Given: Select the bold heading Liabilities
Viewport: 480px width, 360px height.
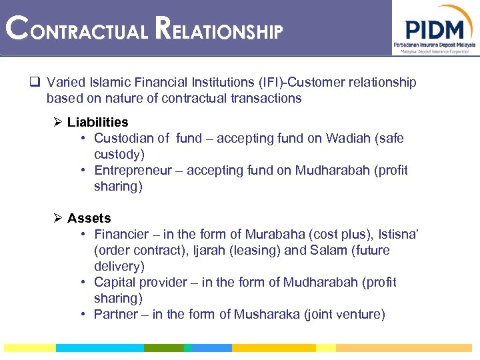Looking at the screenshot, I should pyautogui.click(x=97, y=122).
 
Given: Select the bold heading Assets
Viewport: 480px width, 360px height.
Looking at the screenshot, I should pyautogui.click(x=89, y=218).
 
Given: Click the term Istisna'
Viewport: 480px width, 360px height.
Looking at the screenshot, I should pyautogui.click(x=399, y=234).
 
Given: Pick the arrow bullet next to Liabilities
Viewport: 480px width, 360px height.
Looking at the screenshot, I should pyautogui.click(x=58, y=122).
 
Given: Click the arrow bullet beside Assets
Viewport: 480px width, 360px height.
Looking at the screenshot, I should pyautogui.click(x=58, y=218).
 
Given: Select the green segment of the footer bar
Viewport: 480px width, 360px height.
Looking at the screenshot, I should pyautogui.click(x=163, y=348).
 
